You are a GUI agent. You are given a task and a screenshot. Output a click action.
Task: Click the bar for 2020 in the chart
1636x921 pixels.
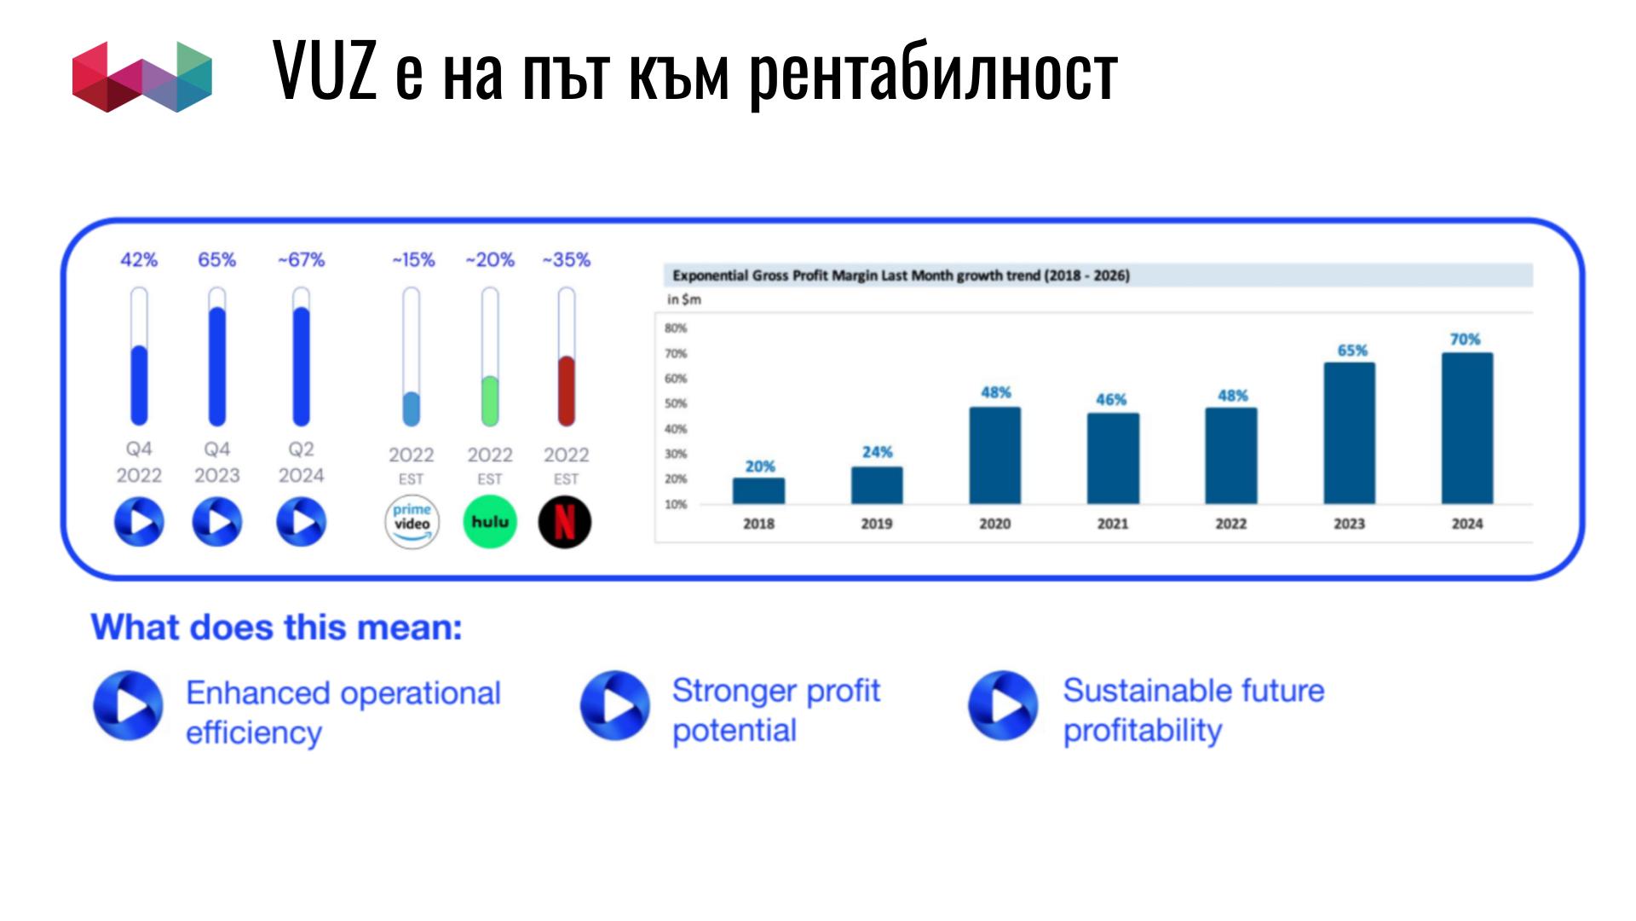coord(994,455)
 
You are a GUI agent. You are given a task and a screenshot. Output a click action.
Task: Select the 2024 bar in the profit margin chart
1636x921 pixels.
coord(1466,428)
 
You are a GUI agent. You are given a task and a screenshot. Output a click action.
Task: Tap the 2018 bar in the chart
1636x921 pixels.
coord(758,490)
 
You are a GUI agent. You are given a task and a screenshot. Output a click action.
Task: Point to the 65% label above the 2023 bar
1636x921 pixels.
coord(1351,350)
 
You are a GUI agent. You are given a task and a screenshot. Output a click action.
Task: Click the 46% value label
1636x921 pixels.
coord(1110,399)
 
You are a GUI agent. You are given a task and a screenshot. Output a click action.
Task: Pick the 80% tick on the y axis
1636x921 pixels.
coord(676,328)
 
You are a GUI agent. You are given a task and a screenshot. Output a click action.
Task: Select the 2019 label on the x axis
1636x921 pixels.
coord(876,524)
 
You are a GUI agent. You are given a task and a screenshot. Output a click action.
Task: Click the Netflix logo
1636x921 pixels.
coord(564,522)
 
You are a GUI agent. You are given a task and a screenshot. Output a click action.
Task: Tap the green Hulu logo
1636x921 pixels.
coord(490,522)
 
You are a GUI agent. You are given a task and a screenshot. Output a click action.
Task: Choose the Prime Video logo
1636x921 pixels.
coord(412,522)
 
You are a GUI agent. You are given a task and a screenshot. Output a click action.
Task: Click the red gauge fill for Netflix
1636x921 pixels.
coord(566,391)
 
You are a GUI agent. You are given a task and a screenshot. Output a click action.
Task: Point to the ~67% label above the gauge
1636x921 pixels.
coord(302,260)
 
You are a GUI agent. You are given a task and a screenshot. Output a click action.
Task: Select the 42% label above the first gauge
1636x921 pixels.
coord(139,260)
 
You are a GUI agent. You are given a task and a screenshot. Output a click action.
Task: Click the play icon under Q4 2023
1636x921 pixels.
coord(217,522)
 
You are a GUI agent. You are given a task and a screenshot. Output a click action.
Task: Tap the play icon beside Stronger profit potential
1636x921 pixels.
coord(615,705)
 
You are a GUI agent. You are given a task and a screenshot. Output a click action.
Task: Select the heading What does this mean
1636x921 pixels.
coord(277,628)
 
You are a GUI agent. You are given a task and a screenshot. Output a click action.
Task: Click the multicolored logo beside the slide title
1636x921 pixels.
coord(142,77)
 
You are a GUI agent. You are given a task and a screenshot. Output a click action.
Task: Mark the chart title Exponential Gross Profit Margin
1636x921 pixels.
coord(902,275)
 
